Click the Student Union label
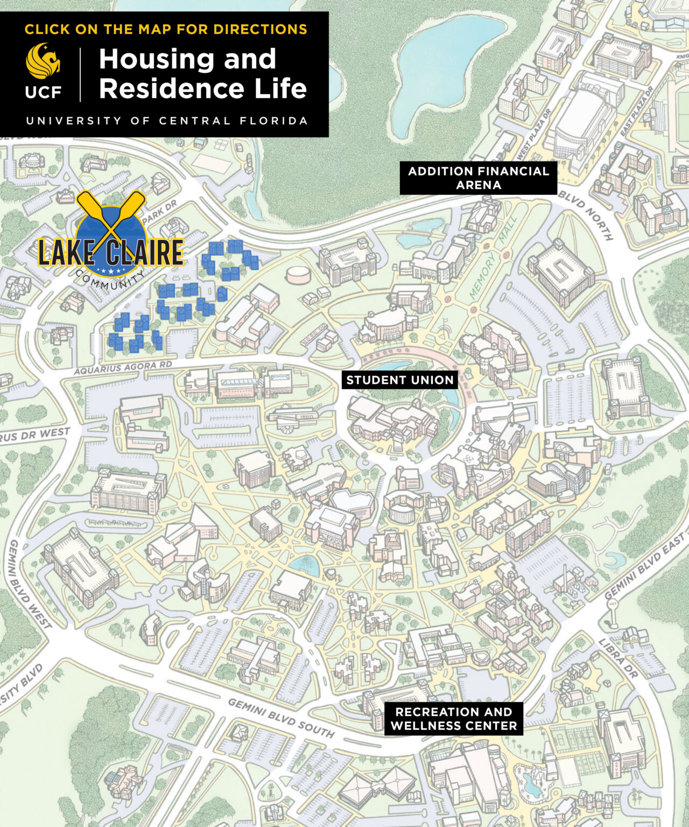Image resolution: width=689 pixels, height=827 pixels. coord(399,380)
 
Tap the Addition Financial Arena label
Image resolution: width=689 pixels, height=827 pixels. coord(478,178)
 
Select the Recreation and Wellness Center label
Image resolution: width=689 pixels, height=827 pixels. coord(453,719)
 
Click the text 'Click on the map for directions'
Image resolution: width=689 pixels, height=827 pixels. coord(166,29)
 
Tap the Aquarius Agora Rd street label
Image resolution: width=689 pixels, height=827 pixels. coord(123,368)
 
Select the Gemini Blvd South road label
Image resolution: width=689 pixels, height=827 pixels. coord(280,718)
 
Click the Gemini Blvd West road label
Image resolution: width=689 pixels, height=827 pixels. coord(30,584)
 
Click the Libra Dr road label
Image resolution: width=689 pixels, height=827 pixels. coord(618,658)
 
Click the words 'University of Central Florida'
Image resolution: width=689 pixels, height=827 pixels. coord(167,121)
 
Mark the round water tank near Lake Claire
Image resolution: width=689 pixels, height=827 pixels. coord(298,275)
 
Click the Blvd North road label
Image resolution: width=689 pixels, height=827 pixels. coord(585,215)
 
